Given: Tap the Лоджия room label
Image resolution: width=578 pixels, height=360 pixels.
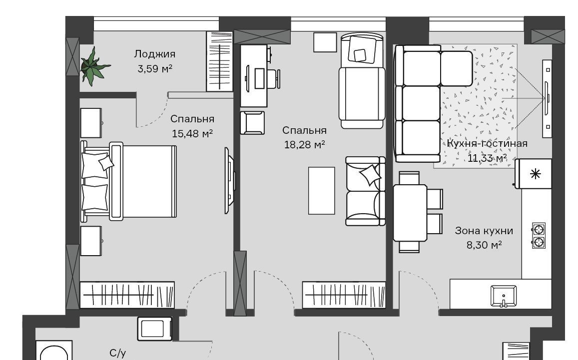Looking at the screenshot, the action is click(154, 54).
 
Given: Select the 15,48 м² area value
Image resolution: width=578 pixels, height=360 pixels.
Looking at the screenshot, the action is click(192, 133).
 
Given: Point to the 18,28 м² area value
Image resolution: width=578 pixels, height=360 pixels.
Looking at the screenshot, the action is click(304, 145).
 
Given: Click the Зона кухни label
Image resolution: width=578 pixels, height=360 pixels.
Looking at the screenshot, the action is click(484, 231).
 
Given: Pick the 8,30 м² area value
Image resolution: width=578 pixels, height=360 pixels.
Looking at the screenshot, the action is click(484, 245).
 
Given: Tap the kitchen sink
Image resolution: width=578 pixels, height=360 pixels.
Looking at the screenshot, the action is click(504, 296).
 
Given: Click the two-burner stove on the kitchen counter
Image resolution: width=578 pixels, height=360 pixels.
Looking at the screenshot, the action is click(539, 236).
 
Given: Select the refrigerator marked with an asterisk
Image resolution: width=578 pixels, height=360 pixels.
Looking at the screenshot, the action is click(534, 174).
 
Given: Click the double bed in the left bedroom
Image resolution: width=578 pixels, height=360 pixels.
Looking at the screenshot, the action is click(129, 181).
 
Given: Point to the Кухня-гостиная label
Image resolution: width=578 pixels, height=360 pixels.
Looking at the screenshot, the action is click(487, 143).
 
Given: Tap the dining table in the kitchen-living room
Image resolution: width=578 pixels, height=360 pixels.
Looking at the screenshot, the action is click(410, 212).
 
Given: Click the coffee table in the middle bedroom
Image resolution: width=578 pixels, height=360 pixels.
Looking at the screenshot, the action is click(321, 191).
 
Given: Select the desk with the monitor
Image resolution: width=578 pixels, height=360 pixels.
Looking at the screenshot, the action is click(254, 76).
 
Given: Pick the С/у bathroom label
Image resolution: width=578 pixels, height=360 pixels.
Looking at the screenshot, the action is click(118, 354).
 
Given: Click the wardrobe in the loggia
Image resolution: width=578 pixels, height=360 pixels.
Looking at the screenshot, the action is click(220, 61).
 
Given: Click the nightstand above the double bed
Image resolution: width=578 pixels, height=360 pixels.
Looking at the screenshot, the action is click(91, 123).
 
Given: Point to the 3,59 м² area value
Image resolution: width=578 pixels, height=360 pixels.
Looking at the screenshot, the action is click(155, 68).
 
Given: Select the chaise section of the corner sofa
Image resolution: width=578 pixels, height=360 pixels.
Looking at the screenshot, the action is click(456, 69).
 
